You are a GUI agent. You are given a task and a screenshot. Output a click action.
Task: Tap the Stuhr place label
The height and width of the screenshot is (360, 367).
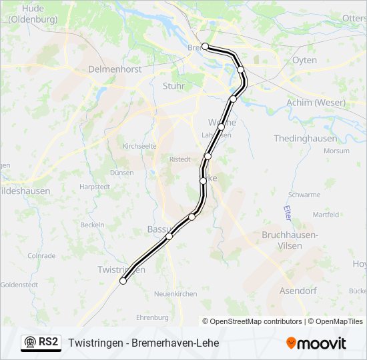coord(173,85)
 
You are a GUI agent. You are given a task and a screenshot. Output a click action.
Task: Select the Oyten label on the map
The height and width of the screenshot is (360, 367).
coord(304,60)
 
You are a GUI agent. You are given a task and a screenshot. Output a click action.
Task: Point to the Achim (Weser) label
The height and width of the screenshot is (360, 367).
coord(316,103)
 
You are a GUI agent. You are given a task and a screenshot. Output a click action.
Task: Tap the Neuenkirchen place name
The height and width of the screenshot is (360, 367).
coord(175,293)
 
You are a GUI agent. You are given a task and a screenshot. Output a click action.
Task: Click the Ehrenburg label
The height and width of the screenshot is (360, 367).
coord(152,317)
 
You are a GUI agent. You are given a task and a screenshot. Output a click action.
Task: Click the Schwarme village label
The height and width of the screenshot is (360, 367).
coord(304,195)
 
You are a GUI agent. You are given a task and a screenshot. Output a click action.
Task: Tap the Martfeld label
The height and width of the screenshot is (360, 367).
coord(326,215)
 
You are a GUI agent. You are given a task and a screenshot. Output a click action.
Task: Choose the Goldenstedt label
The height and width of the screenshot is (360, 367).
coord(18,284)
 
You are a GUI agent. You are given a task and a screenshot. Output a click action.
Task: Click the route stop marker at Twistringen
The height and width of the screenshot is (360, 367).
coord(123,281)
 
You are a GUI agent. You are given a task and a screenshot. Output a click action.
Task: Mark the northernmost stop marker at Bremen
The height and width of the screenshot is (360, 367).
coord(206,47)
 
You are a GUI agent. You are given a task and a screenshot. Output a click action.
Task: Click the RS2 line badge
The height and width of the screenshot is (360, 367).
coord(41,342)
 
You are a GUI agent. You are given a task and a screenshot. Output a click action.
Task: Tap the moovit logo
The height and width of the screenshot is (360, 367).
coord(316,343)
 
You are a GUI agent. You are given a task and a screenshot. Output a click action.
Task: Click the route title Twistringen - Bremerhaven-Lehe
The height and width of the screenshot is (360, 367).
coord(143,343)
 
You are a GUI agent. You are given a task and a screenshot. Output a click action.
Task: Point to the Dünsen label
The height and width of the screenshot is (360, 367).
coord(121,171)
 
